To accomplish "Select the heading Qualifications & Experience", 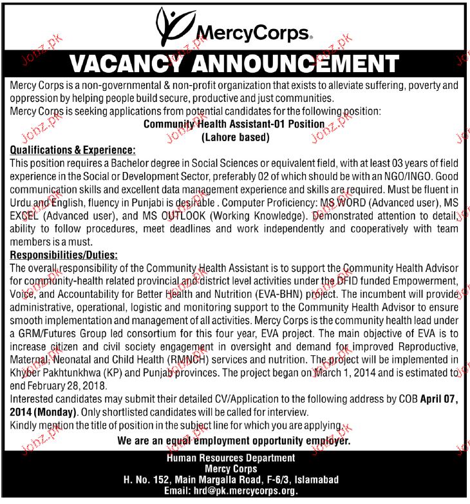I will (73, 150).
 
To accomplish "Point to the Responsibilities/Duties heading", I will (64, 255).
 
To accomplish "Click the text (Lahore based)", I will (235, 137).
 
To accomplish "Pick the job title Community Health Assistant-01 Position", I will (234, 124).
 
